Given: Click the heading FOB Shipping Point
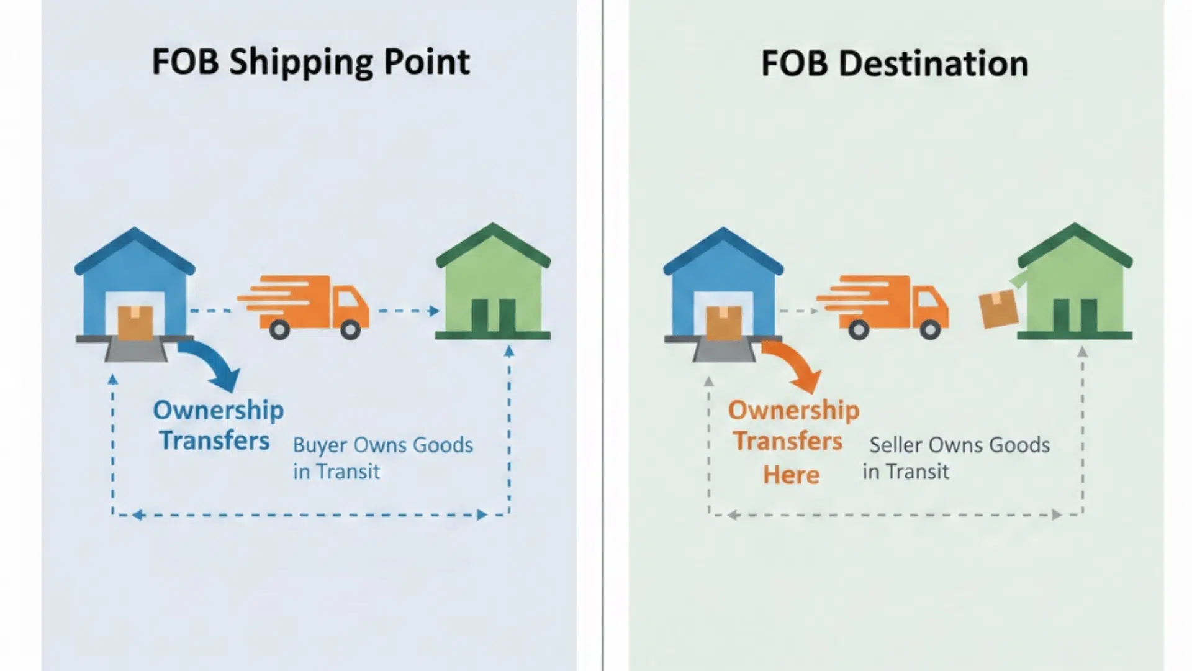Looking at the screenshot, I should pos(310,62).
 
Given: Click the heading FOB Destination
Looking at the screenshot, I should pos(894,63).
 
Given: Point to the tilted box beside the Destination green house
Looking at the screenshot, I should pos(998,309).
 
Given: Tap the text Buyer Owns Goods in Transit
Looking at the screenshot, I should pos(382,458).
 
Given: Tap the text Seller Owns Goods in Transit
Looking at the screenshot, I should pos(956,458).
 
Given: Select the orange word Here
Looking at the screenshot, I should pos(792,475).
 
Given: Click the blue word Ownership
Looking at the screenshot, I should pos(219,410).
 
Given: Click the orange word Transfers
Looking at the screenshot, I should pos(788,441).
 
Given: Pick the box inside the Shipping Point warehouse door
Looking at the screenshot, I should pos(135,322).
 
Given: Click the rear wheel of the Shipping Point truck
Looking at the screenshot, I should pos(279,329).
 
